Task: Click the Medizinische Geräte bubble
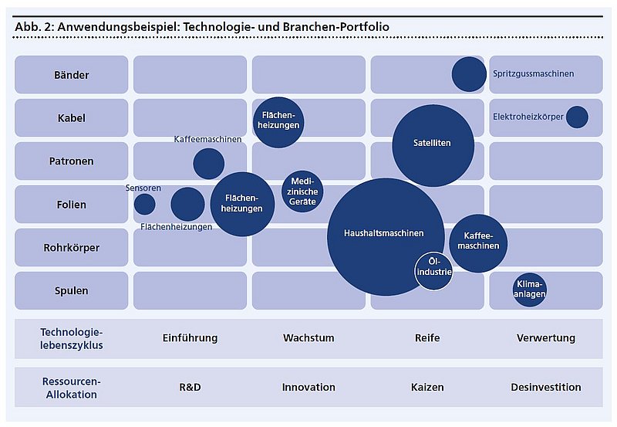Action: point(302,191)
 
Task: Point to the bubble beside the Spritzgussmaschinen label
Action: point(469,74)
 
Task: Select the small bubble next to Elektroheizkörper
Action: point(577,117)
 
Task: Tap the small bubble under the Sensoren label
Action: point(144,204)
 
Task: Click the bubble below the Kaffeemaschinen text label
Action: point(208,164)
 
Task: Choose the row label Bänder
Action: point(72,75)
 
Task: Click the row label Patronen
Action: point(72,161)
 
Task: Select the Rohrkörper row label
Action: point(72,248)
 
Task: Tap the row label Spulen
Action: point(72,291)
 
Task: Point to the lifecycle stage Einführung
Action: point(190,338)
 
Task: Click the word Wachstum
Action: point(308,338)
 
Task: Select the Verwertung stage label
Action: point(545,338)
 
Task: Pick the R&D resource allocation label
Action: point(190,387)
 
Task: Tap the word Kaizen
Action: point(427,387)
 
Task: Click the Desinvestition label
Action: point(545,387)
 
